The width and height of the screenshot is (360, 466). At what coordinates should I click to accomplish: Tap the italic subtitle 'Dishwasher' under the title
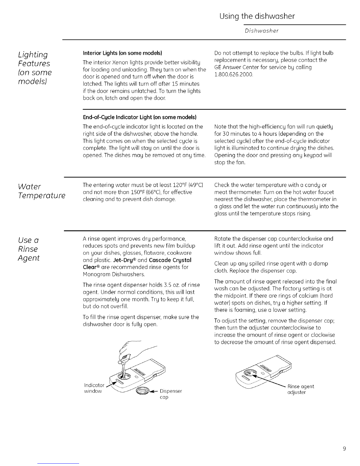click(x=262, y=31)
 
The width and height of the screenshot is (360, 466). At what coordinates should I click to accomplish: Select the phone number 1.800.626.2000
click(x=234, y=75)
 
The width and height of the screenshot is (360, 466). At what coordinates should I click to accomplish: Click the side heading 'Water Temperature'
click(x=41, y=191)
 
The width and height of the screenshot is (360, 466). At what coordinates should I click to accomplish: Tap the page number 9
click(x=344, y=449)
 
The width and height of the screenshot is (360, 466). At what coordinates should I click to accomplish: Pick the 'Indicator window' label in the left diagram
click(x=93, y=388)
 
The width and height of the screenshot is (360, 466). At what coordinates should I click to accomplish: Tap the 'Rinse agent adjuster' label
click(x=301, y=389)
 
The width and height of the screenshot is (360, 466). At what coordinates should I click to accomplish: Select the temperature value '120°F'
click(x=171, y=185)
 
